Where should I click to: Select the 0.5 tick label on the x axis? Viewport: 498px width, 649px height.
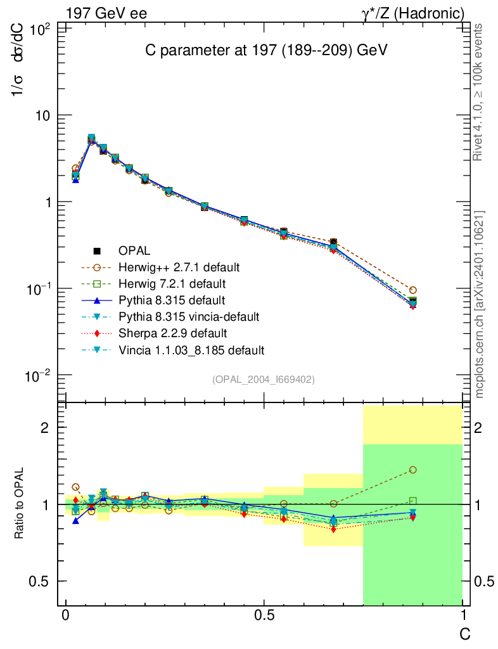(x=264, y=616)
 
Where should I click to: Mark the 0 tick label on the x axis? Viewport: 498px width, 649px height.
(x=65, y=616)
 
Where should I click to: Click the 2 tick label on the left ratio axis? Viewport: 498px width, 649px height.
(x=44, y=428)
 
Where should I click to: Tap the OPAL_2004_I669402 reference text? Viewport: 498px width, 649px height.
(x=263, y=379)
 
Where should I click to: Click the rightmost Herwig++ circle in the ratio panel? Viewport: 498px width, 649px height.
(x=413, y=470)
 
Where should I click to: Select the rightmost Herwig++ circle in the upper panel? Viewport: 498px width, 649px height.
(x=413, y=290)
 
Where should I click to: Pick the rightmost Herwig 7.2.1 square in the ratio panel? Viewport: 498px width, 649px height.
(x=413, y=501)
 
